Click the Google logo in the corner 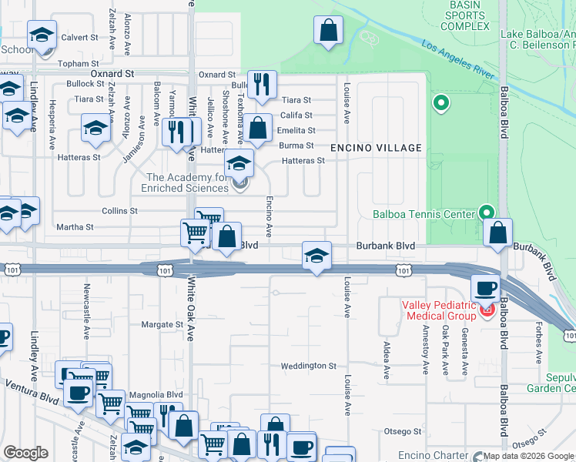26,453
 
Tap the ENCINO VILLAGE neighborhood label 376,148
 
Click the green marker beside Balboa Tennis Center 487,211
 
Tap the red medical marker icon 486,311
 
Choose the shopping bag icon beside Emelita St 260,128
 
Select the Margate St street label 162,325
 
